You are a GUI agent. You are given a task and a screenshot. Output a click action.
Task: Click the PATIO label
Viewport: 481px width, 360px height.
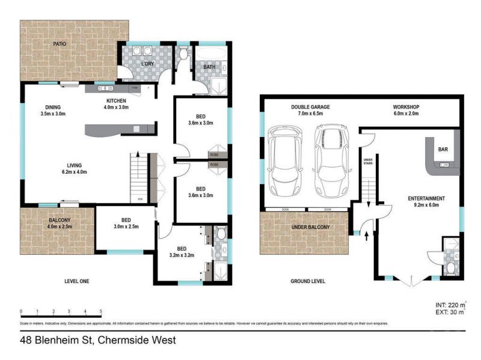tap(59, 44)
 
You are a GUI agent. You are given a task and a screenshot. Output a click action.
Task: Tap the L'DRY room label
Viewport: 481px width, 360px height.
tap(148, 64)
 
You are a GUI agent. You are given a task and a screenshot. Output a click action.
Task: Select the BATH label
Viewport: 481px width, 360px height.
tap(209, 67)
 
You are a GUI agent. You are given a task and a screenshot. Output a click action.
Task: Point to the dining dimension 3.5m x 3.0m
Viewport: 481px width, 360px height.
tap(52, 113)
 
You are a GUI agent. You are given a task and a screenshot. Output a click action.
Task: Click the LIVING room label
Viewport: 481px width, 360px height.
tap(75, 165)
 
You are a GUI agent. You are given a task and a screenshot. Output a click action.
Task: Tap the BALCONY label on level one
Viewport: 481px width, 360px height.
tap(60, 220)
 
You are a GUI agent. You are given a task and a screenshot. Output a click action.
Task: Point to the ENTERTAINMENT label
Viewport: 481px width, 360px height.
tap(426, 198)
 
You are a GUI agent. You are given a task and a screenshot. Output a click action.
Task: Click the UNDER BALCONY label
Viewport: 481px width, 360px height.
tap(311, 227)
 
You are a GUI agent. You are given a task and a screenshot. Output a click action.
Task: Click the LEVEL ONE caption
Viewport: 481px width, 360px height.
tap(77, 280)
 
